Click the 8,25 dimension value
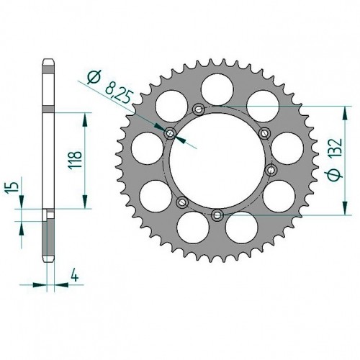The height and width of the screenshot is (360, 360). pyautogui.click(x=119, y=93)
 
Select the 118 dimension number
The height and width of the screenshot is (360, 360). pyautogui.click(x=75, y=160)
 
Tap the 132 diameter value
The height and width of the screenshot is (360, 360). pyautogui.click(x=335, y=148)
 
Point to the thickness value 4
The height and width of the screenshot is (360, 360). pyautogui.click(x=75, y=276)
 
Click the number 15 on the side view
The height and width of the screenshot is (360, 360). pyautogui.click(x=14, y=186)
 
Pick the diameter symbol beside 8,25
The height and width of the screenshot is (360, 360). pyautogui.click(x=94, y=77)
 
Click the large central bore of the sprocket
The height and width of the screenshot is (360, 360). pyautogui.click(x=217, y=161)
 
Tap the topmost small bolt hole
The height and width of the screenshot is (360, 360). pyautogui.click(x=199, y=109)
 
